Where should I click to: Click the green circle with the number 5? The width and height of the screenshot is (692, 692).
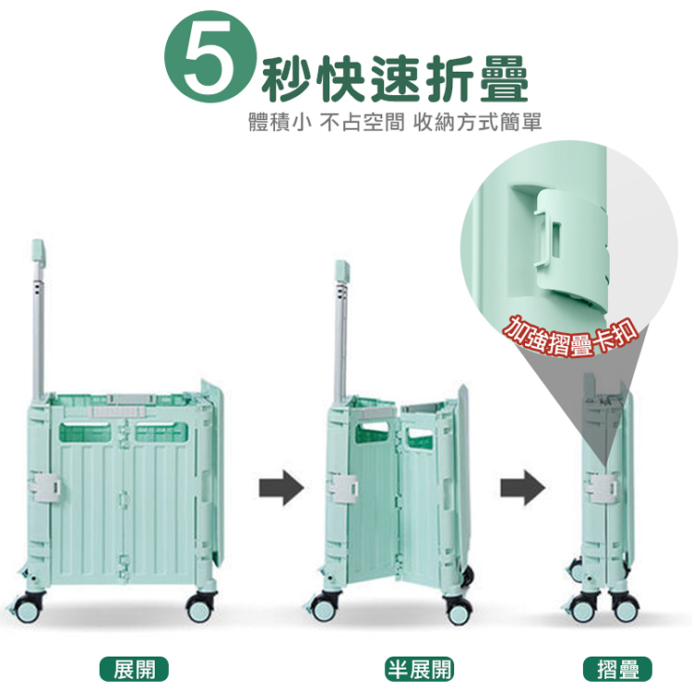click(x=209, y=57)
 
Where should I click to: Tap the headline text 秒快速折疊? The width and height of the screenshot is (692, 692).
click(x=395, y=79)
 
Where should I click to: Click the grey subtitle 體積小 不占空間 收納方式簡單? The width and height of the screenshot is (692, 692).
click(x=395, y=122)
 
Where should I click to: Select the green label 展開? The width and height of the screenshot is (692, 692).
click(x=134, y=669)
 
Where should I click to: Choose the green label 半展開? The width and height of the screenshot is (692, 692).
click(x=419, y=669)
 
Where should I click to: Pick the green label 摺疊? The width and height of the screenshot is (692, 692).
click(x=617, y=669)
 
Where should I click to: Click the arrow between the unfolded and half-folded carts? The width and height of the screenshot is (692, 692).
click(x=281, y=488)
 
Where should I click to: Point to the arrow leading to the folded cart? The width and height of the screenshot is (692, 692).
click(x=522, y=488)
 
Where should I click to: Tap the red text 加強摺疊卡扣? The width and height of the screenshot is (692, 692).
click(x=571, y=336)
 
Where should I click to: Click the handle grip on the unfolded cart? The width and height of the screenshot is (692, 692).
click(x=38, y=254)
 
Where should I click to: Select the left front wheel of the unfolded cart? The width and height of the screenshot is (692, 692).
click(x=28, y=607)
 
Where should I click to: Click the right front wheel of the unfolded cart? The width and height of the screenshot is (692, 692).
click(x=200, y=607)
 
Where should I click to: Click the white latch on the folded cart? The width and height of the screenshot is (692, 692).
click(x=602, y=487)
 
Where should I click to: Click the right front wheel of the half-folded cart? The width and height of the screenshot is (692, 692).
click(x=459, y=609)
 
